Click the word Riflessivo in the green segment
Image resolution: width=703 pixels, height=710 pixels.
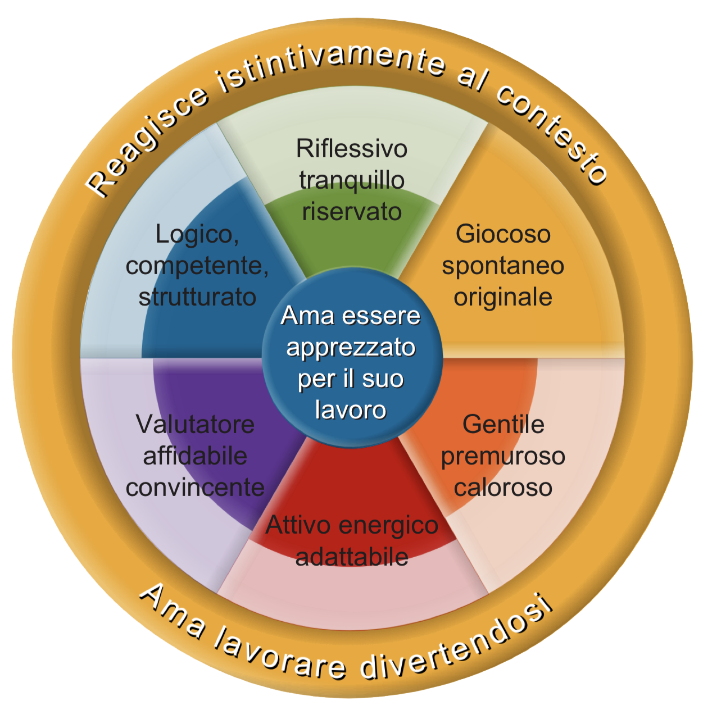pos(351,149)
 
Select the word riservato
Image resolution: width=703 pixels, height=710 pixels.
pos(352,212)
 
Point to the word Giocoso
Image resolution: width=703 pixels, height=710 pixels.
pos(503,235)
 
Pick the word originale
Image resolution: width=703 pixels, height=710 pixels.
pos(503,298)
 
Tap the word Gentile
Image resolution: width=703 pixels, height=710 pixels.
pos(503,425)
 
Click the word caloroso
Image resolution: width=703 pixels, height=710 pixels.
pos(503,488)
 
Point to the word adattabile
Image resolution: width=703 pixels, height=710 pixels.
pos(352,557)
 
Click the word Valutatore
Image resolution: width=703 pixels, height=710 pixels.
pos(195,425)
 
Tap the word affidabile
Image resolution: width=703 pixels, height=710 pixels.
pos(195,456)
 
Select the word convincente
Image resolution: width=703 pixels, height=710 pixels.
pos(195,488)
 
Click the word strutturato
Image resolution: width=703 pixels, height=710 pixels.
pos(197,298)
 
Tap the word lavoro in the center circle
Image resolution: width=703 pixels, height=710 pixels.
pos(351,409)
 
